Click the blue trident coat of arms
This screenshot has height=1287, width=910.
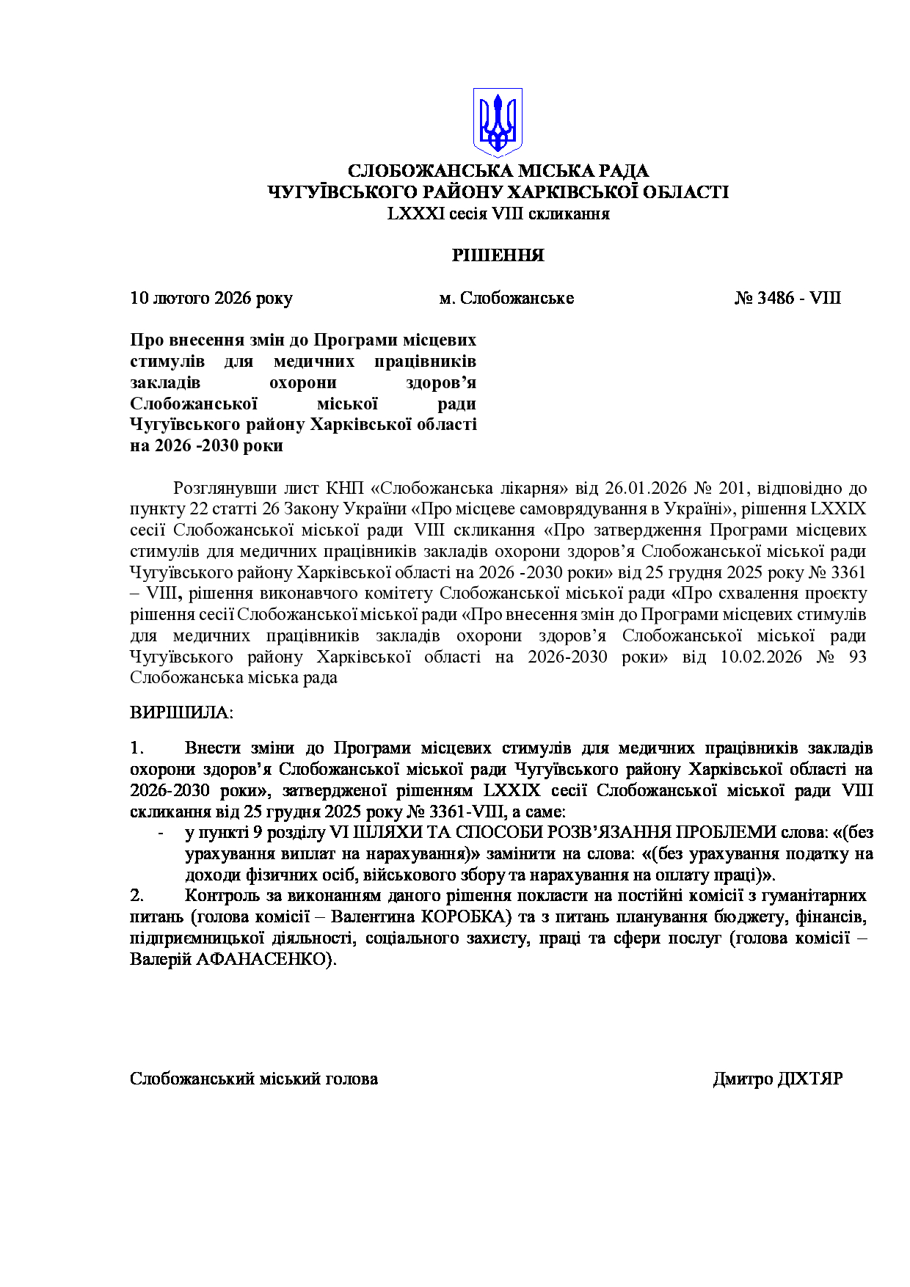click(x=498, y=122)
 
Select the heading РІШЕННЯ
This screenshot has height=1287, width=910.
click(x=498, y=255)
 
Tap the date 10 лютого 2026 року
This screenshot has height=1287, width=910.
click(x=211, y=298)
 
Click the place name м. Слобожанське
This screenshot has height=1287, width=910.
click(x=506, y=298)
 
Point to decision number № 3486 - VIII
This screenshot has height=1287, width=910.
click(x=787, y=298)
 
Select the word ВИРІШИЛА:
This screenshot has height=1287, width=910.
click(x=181, y=712)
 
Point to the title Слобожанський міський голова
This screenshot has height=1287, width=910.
click(x=254, y=1079)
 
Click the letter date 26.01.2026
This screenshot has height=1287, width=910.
click(x=645, y=488)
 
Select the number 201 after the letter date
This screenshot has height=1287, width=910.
click(x=733, y=488)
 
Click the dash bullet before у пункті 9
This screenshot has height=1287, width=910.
click(x=161, y=833)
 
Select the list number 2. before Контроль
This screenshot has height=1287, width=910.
click(x=137, y=895)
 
